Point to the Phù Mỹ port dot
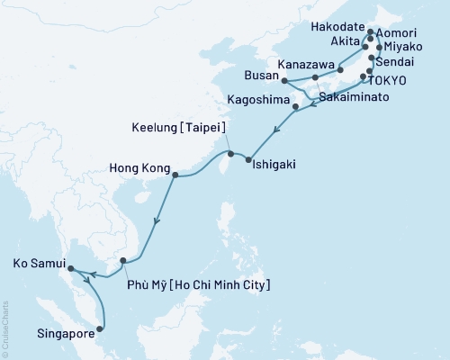point(123,261)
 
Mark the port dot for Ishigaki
point(247,159)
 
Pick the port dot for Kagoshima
point(297,107)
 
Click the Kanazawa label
point(309,66)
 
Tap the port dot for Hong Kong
point(175,175)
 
